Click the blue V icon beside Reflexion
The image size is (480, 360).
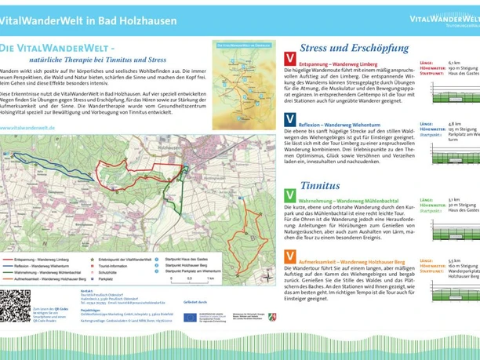pyautogui.click(x=290, y=120)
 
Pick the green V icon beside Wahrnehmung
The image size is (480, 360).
pyautogui.click(x=290, y=194)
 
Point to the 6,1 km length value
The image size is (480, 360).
pyautogui.click(x=454, y=62)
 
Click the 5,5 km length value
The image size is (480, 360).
pyautogui.click(x=454, y=260)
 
